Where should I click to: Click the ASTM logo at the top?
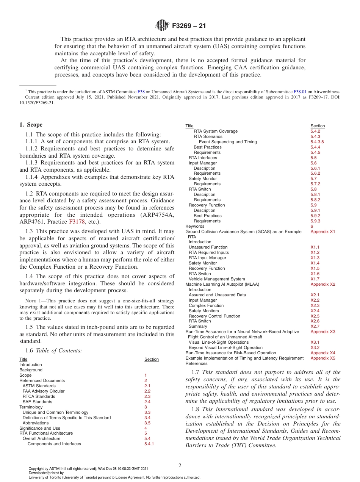pyautogui.click(x=162, y=26)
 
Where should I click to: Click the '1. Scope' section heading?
pyautogui.click(x=31, y=125)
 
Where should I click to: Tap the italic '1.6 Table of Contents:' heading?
pyautogui.click(x=53, y=351)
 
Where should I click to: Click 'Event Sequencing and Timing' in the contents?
pyautogui.click(x=227, y=142)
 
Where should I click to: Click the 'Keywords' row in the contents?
pyautogui.click(x=194, y=226)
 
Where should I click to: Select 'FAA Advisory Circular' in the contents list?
pyautogui.click(x=44, y=391)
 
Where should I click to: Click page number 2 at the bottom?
pyautogui.click(x=180, y=466)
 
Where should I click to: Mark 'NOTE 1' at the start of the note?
pyautogui.click(x=32, y=300)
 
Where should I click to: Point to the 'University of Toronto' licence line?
pyautogui.click(x=114, y=477)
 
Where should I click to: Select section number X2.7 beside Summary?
pyautogui.click(x=315, y=326)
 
